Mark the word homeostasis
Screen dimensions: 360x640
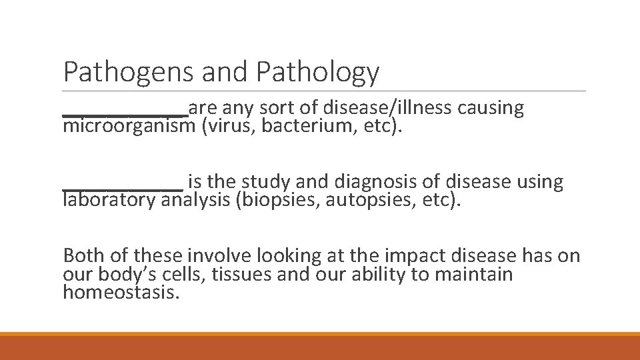[121, 293]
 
